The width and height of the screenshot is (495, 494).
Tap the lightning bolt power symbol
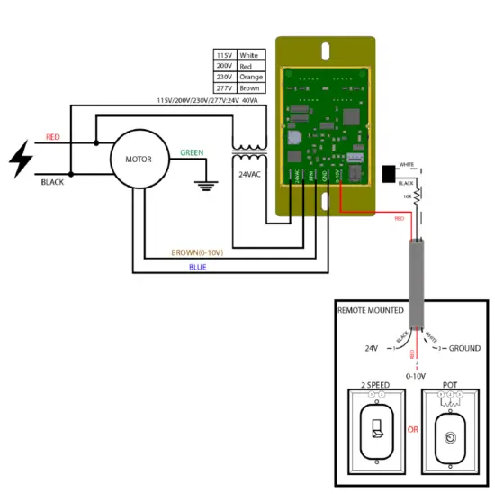click(x=21, y=160)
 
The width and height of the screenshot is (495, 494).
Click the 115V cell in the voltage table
click(x=225, y=56)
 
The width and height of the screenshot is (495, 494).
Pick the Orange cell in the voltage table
click(x=251, y=77)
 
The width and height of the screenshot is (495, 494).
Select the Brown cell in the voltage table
click(x=250, y=87)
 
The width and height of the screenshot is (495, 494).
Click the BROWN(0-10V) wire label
click(x=197, y=252)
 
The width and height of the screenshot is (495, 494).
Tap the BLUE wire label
click(x=197, y=267)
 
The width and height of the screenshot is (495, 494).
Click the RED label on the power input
click(x=53, y=138)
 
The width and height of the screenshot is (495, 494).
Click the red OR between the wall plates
click(x=412, y=430)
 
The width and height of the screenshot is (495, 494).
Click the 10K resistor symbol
click(x=418, y=195)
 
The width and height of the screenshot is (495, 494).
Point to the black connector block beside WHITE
click(x=390, y=173)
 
